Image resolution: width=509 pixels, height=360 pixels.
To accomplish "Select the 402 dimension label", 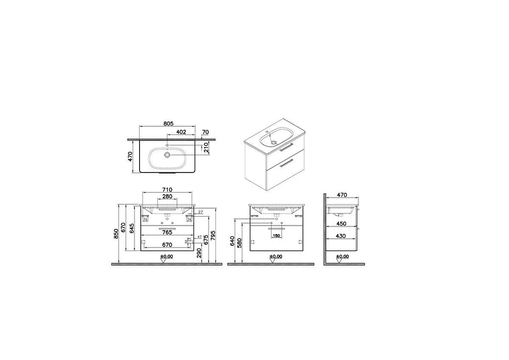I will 181,132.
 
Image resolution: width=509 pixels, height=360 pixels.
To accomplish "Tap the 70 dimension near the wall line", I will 206,132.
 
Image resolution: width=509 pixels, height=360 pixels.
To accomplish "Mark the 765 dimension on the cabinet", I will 167,232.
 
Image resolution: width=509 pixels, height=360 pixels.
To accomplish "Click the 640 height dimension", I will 232,240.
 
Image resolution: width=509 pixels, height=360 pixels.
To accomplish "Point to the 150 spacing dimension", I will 276,236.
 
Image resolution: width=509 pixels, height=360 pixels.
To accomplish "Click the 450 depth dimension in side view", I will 341,223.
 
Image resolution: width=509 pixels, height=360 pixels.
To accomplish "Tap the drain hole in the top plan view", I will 168,155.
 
